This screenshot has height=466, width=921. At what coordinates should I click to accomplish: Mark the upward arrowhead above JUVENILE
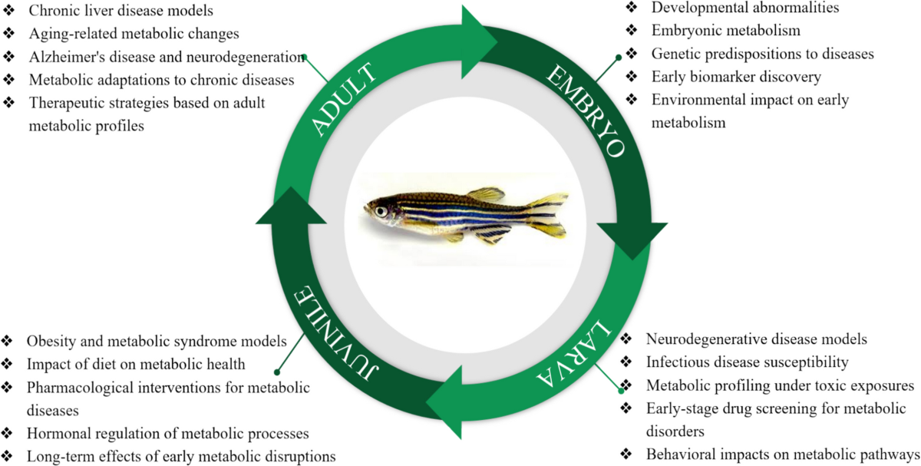click(287, 207)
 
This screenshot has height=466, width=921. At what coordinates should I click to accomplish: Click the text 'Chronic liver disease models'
click(120, 12)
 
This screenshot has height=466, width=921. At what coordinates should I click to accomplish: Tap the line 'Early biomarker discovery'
click(736, 77)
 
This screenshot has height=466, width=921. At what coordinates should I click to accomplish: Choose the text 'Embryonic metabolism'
click(725, 31)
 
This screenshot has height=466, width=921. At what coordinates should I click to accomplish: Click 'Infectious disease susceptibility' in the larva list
click(747, 361)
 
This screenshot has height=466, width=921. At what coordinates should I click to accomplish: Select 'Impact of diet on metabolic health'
click(136, 364)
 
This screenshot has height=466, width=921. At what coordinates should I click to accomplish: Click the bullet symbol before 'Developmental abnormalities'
click(631, 8)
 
